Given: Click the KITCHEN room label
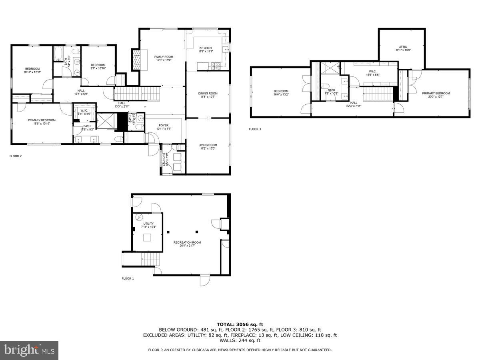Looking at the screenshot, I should coord(206,48).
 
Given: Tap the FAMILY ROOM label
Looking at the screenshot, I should coord(164,57).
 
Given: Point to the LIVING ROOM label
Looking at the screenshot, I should coord(208,145).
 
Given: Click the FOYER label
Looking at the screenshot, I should coord(163,125).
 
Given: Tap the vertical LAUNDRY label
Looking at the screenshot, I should coord(164,159).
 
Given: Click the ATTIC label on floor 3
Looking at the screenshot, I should coord(403,47).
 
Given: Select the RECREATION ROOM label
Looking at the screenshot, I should coord(187,242).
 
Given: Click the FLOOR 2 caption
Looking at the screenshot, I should coord(16,156).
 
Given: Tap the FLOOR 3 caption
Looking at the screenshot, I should coord(254,129).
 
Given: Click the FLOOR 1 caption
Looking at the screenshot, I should coord(128,278).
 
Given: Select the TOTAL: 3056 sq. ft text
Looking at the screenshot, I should coord(240,324).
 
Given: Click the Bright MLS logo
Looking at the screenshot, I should coord(29,350).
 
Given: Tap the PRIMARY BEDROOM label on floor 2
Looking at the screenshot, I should coord(42,120).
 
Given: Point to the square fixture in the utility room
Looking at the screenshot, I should coord(147,237).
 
